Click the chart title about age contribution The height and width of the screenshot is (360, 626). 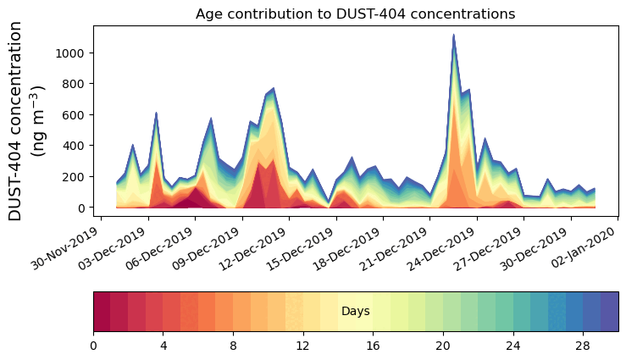tap(355, 14)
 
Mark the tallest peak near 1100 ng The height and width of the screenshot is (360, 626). tap(454, 36)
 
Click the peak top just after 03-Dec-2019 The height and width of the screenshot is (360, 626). tap(157, 113)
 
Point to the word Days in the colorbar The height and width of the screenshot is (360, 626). tap(355, 312)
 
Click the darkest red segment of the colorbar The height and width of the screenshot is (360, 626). tap(102, 312)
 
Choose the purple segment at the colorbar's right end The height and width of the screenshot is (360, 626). tap(609, 312)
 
